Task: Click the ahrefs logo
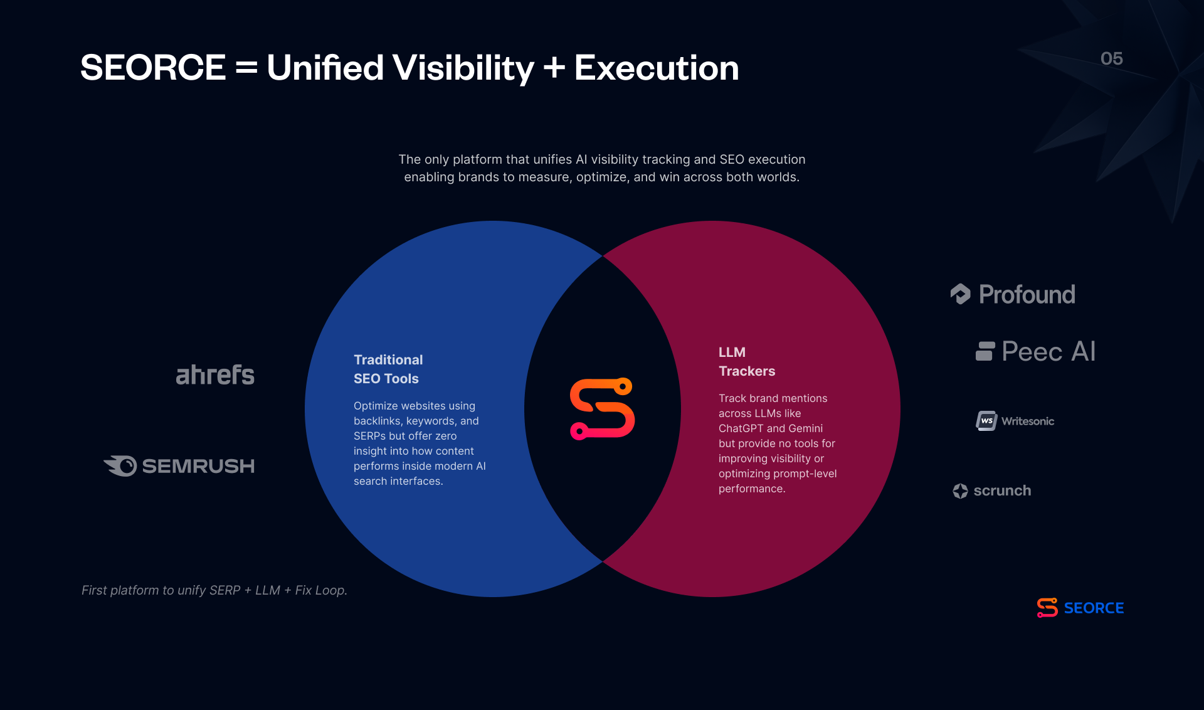point(215,374)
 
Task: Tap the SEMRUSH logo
point(179,466)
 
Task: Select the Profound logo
point(1013,294)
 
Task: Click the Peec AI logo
point(1036,351)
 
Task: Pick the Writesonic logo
point(1015,421)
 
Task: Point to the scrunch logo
point(992,490)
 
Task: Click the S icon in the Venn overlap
point(602,409)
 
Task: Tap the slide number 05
point(1112,58)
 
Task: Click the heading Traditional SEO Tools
point(388,369)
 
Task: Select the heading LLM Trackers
point(747,361)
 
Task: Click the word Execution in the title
point(657,68)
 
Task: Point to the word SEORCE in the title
point(153,68)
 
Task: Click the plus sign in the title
point(554,68)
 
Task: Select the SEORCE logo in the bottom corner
point(1080,608)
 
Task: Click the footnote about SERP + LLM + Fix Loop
point(214,590)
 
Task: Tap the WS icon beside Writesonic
point(986,421)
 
